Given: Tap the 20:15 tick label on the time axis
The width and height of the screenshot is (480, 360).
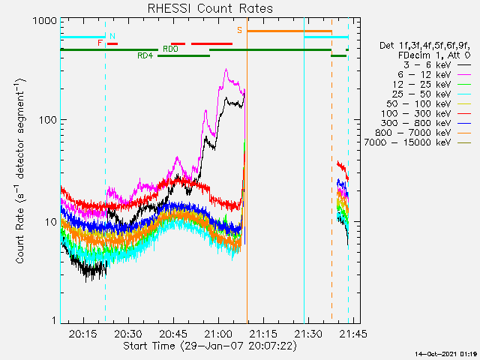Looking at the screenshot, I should [x=82, y=334].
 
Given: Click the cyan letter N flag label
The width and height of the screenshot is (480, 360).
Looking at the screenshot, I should [x=112, y=36].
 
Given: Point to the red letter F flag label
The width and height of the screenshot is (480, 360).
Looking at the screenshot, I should [x=100, y=43].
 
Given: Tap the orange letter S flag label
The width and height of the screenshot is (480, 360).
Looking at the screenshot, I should [x=240, y=30].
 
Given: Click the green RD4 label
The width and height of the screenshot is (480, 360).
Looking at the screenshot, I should [x=145, y=55].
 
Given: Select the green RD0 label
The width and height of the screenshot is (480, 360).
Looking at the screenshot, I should [x=170, y=49].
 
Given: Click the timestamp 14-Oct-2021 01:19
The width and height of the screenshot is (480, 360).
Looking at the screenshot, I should [x=446, y=352].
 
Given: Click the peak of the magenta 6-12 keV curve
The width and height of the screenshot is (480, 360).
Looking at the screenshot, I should [x=226, y=70].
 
